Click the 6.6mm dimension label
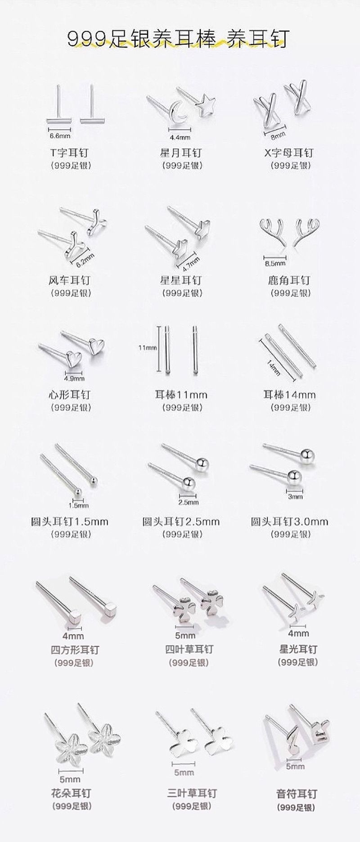(x=60, y=135)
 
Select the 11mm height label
(x=148, y=348)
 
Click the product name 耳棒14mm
(x=289, y=395)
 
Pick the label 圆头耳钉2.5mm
(x=181, y=522)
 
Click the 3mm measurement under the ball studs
(x=295, y=496)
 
